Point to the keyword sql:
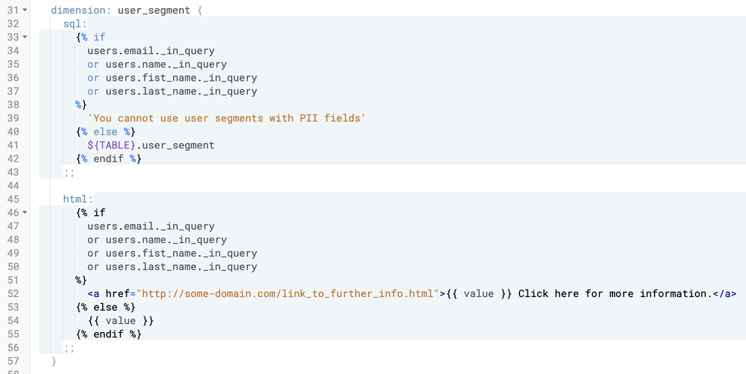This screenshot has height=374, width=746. [75, 25]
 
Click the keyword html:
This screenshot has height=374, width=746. [78, 199]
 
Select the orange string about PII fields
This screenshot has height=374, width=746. [226, 118]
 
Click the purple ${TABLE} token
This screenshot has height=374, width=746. [111, 145]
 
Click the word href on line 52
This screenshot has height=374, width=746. [118, 293]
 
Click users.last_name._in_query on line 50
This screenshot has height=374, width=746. [181, 267]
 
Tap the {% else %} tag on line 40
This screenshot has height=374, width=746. [105, 131]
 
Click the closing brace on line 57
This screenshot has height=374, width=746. [54, 361]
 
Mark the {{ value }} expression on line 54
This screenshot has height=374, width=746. [120, 320]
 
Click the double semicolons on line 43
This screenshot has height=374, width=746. [69, 172]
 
